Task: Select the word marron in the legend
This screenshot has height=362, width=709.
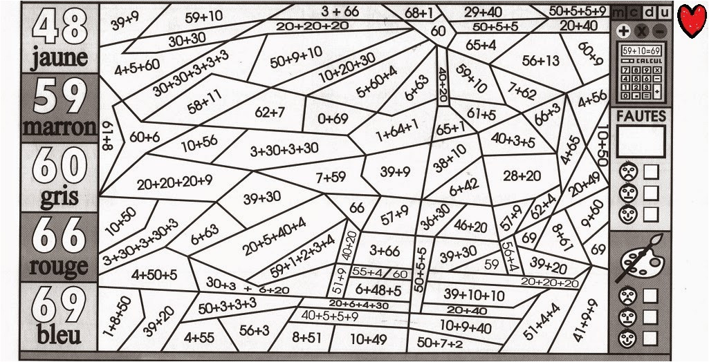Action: (x=59, y=127)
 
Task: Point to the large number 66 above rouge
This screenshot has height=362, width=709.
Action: (x=59, y=236)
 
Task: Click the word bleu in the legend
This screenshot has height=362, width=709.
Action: (x=59, y=336)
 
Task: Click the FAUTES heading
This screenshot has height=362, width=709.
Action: (x=641, y=116)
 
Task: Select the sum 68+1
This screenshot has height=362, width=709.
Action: (x=419, y=12)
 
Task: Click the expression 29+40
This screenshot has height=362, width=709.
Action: (x=483, y=12)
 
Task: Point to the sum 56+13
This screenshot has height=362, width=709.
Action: (x=540, y=60)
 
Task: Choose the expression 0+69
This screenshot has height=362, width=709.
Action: (x=333, y=119)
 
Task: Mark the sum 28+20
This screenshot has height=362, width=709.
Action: (x=522, y=175)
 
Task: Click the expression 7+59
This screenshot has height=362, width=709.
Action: (x=331, y=177)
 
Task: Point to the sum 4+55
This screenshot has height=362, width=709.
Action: (x=199, y=338)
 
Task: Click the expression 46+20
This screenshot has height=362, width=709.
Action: (x=470, y=225)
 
